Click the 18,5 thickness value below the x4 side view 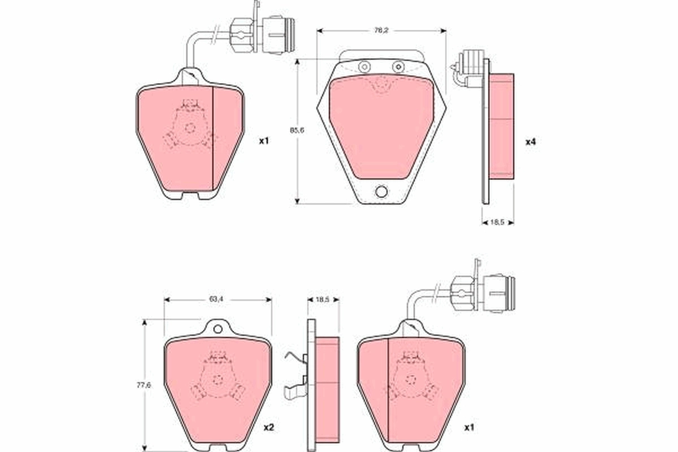pyautogui.click(x=498, y=223)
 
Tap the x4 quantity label pyautogui.click(x=530, y=141)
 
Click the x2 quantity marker pyautogui.click(x=269, y=428)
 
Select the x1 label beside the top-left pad pyautogui.click(x=263, y=141)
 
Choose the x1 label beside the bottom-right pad pyautogui.click(x=468, y=428)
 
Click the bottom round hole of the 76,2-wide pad pyautogui.click(x=381, y=192)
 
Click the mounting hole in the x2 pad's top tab pyautogui.click(x=218, y=328)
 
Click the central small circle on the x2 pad pyautogui.click(x=217, y=380)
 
